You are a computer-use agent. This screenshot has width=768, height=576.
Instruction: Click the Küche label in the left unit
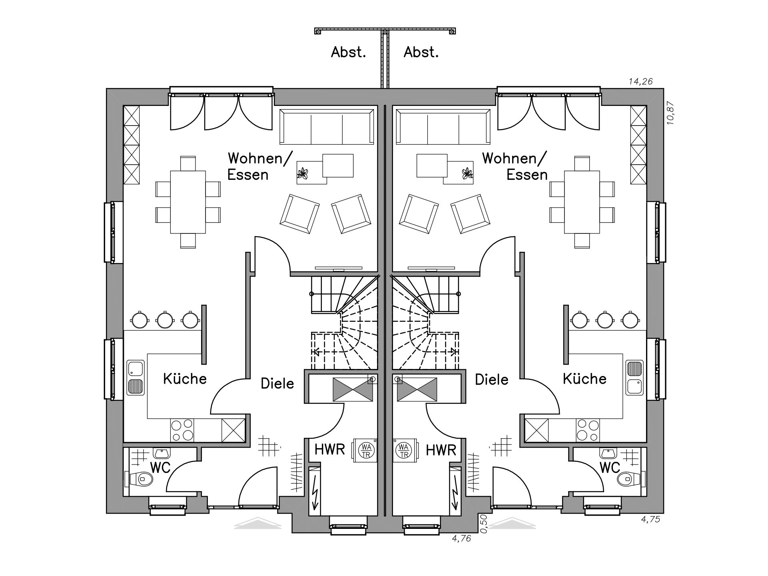click(x=185, y=379)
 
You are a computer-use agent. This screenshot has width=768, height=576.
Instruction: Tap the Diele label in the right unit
click(x=491, y=379)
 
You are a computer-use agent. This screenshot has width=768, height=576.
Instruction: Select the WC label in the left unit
click(x=160, y=467)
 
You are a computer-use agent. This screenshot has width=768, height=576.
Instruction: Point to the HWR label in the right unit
click(x=441, y=450)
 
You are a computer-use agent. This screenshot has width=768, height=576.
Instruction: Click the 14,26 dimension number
click(x=640, y=82)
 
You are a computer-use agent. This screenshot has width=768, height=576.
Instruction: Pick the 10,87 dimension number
click(x=670, y=114)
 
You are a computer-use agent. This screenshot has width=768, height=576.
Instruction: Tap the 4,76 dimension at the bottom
click(x=461, y=538)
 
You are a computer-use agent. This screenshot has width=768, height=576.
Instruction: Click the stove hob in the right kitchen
click(x=588, y=430)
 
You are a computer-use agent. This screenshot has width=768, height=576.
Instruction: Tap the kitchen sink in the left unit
click(x=136, y=378)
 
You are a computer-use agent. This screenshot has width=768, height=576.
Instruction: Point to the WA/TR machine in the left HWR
click(x=365, y=450)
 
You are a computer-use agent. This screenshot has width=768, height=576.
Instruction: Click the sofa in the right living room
click(x=443, y=127)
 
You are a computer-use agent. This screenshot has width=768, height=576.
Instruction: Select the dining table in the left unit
click(x=188, y=202)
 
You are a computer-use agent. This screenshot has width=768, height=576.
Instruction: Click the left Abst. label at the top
click(x=348, y=52)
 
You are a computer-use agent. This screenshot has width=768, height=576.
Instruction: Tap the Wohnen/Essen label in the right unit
click(x=515, y=166)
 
